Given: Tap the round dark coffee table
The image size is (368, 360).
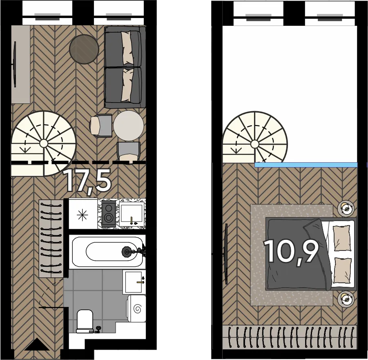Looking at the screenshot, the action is point(84,49).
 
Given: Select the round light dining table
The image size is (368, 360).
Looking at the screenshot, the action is point(129,125).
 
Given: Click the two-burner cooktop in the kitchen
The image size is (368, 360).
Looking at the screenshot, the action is point(109,213).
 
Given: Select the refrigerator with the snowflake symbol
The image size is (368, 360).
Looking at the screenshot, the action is point(83,214).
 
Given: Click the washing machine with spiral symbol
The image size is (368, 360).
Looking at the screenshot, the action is point(137,309).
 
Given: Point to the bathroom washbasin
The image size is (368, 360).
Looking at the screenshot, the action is point(134,282).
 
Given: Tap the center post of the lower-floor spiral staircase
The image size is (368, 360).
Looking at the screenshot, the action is point(43,143).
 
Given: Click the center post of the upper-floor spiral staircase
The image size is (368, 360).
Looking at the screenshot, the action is point(255,143).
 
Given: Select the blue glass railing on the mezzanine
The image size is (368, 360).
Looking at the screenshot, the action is point(306,165).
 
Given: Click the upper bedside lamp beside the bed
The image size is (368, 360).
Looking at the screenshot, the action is point(346,207).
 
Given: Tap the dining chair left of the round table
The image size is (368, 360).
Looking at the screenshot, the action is point(101,125).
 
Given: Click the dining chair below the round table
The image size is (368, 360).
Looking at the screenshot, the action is point(128,152).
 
